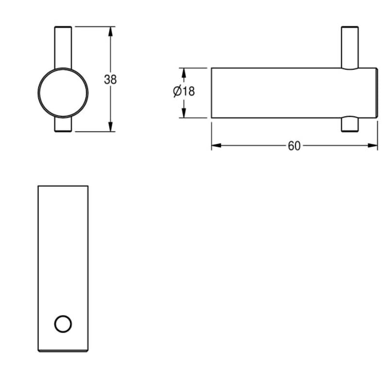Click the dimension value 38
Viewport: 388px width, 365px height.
point(111,79)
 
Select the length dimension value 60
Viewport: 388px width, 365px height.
point(294,145)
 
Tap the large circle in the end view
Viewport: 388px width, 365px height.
point(63,92)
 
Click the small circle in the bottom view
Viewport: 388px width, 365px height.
point(63,323)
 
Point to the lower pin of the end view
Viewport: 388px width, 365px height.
point(63,125)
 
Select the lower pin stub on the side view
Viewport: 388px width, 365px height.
point(350,125)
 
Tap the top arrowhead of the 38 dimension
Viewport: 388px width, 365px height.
point(111,31)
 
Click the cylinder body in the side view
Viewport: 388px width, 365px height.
point(281,93)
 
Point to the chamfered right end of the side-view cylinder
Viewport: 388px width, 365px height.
point(376,93)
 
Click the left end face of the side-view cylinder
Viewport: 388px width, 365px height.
point(211,93)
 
